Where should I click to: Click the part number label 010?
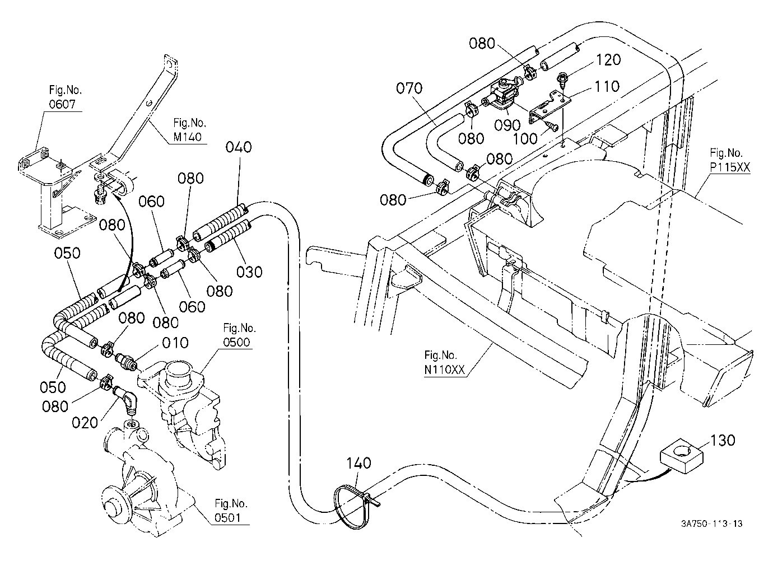click(x=175, y=343)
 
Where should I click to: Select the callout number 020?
click(x=85, y=423)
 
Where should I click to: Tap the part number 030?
click(x=249, y=272)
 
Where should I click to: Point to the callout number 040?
click(x=239, y=147)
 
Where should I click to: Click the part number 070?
click(x=409, y=88)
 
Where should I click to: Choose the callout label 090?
click(x=507, y=125)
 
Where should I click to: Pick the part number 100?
click(x=525, y=139)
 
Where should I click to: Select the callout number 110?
click(x=607, y=86)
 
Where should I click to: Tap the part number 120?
click(x=608, y=60)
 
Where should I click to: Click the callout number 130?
click(x=723, y=440)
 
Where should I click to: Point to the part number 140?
click(x=358, y=464)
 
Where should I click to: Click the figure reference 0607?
click(x=62, y=104)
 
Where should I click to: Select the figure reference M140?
click(x=188, y=137)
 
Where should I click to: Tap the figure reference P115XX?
click(x=730, y=167)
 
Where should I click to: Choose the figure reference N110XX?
click(x=445, y=370)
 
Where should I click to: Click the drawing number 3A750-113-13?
click(x=711, y=523)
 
